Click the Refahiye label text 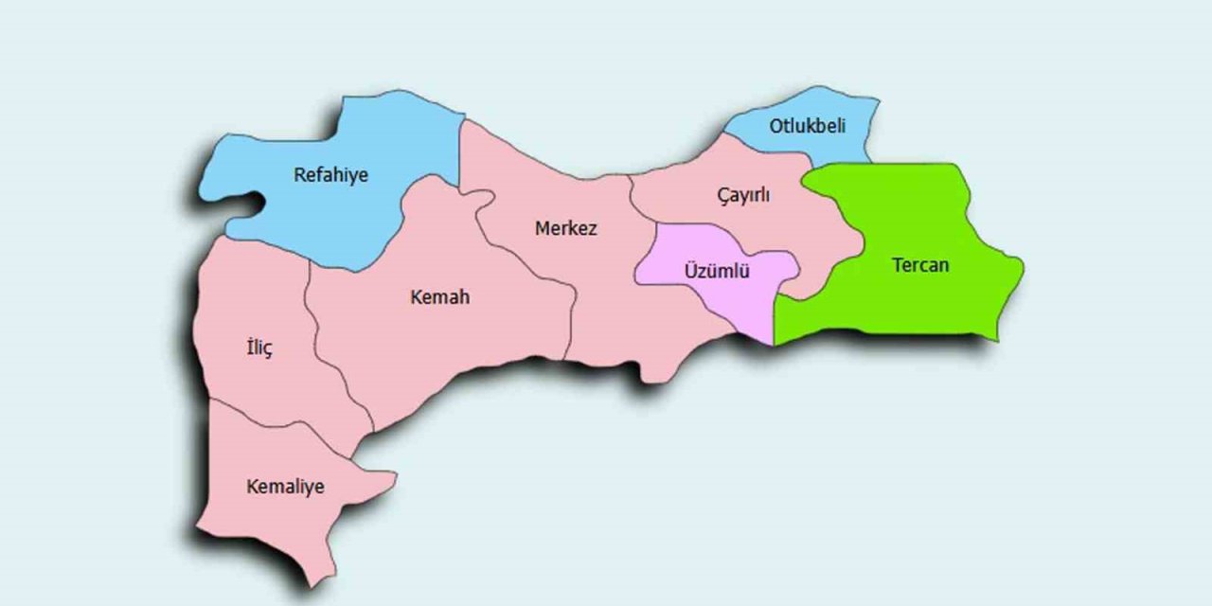coord(330,175)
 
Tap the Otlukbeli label coord(807,126)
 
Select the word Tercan coord(919,265)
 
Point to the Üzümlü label coord(717,272)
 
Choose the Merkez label coord(566,228)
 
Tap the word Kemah coord(439,297)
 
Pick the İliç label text coord(258,348)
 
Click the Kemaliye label coord(285,487)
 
